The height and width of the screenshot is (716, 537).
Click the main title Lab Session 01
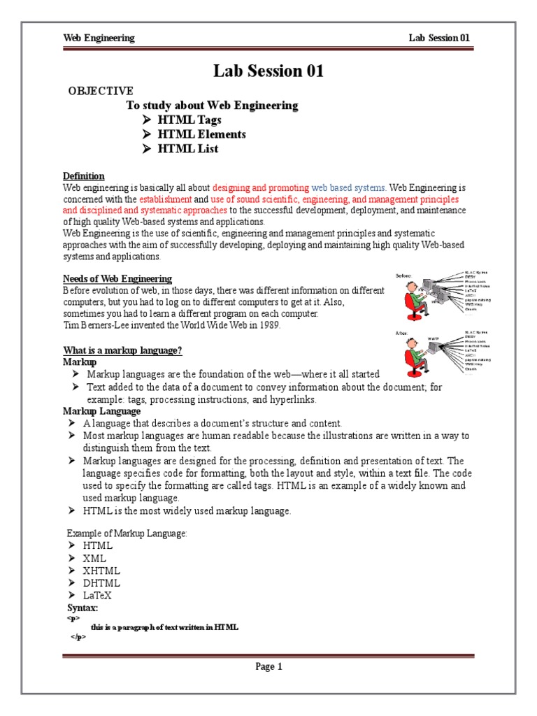[x=268, y=71]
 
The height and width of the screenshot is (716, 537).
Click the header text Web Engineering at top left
[x=99, y=38]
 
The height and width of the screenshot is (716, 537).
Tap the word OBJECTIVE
[x=100, y=91]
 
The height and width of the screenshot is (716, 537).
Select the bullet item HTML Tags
[x=189, y=120]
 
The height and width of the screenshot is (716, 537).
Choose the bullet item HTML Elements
[x=201, y=134]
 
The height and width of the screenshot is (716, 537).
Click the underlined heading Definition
[x=84, y=176]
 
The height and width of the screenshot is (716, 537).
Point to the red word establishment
[x=166, y=199]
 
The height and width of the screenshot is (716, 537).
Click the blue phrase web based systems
[x=349, y=187]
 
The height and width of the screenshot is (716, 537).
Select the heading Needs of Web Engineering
[x=117, y=279]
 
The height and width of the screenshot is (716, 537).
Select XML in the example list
[x=94, y=558]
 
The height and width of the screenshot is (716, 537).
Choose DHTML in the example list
[x=101, y=583]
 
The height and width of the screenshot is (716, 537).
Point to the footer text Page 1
[x=268, y=666]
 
